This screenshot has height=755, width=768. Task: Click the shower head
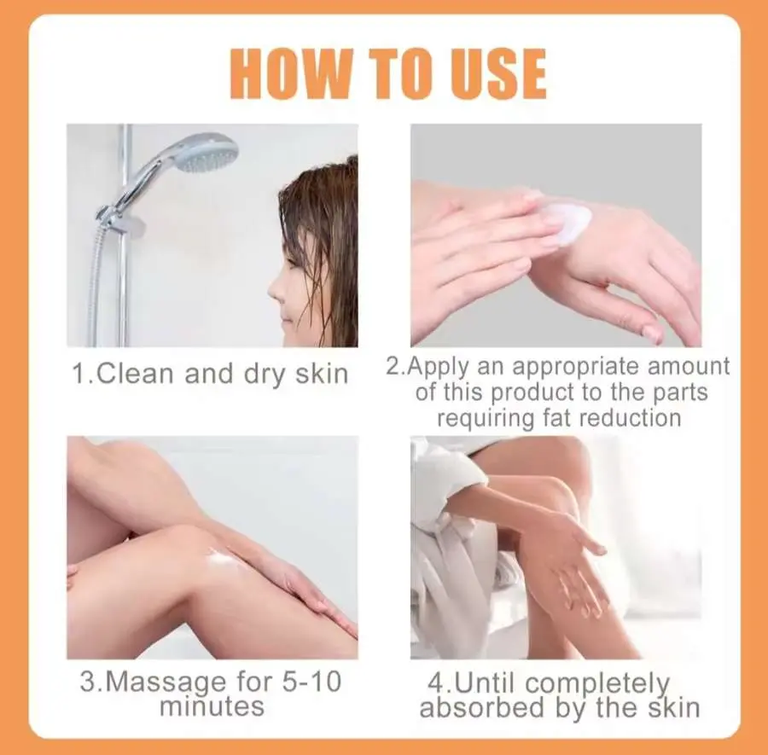point(207,153)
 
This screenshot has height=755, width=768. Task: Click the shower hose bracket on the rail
point(120,219)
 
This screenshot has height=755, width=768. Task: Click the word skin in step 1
point(322,374)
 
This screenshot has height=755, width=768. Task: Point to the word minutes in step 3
point(212,706)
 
